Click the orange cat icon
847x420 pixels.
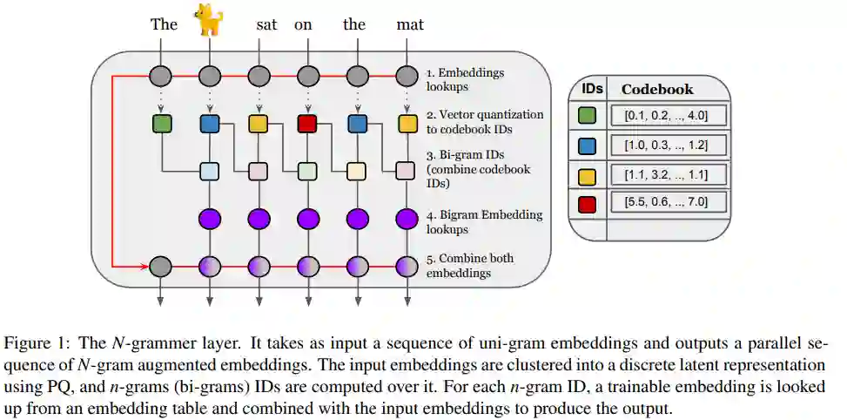point(208,19)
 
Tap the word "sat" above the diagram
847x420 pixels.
point(266,24)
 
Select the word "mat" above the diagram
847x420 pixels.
point(409,24)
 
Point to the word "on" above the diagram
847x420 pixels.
point(303,24)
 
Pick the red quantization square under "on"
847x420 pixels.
point(306,124)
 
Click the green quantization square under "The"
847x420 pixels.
point(161,124)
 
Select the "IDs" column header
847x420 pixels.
point(592,89)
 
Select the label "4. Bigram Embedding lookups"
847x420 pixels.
point(484,222)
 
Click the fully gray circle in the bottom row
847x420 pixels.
point(160,266)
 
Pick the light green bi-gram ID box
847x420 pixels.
point(306,171)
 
